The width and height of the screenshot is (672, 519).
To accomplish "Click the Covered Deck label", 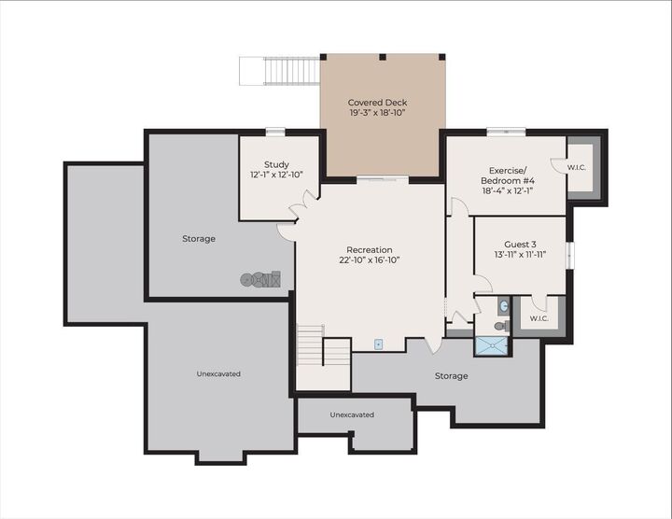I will (x=377, y=103).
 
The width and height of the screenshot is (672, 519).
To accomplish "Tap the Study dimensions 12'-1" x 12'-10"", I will (x=276, y=175).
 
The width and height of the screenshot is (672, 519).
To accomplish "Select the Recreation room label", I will (x=369, y=250).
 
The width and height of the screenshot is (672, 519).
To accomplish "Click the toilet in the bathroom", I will (x=500, y=326).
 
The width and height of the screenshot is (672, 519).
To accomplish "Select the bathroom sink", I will (x=503, y=305).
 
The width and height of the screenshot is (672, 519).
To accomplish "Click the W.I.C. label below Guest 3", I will (x=539, y=318).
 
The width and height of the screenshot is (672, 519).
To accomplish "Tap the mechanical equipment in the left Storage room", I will (x=260, y=278).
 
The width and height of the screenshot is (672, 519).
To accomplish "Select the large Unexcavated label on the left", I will (x=218, y=373).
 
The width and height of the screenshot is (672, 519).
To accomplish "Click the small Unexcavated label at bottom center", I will (x=352, y=414).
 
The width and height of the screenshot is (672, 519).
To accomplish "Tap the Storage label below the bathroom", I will (x=450, y=376).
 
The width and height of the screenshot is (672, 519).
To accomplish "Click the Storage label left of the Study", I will (x=198, y=239).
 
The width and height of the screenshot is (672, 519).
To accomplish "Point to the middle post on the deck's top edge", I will (x=383, y=57).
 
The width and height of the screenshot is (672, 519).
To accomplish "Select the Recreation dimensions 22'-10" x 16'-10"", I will (x=369, y=261).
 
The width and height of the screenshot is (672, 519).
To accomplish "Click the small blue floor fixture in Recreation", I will (x=379, y=344).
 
